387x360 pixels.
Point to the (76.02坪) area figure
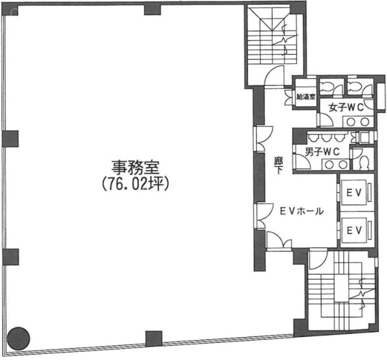134,182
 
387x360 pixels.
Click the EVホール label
301,211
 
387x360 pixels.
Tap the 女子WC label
346,108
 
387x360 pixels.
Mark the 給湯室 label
304,96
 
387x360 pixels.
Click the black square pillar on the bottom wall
154,338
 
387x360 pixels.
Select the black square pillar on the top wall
152,8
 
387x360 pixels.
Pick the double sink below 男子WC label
331,164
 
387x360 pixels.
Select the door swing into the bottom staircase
316,261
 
